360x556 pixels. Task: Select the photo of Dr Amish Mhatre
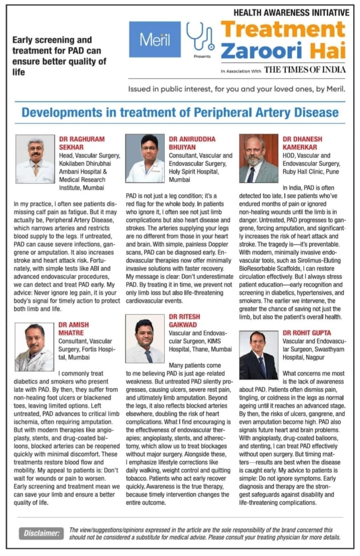tap(34, 340)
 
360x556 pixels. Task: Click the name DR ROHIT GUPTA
tap(307, 333)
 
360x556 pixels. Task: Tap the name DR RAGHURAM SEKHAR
tap(82, 143)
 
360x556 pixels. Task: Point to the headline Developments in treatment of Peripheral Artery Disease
tap(180, 113)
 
